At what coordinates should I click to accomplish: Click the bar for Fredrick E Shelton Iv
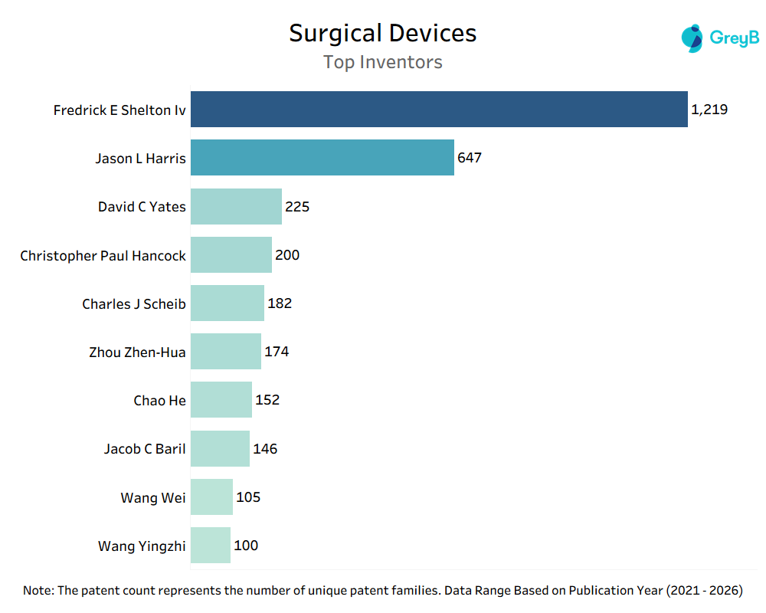point(439,109)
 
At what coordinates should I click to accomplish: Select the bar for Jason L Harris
point(322,157)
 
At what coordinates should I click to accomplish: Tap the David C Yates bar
point(236,206)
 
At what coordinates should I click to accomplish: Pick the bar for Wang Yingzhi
point(211,546)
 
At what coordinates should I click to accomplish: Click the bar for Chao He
point(221,400)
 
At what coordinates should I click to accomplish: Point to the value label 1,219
point(709,110)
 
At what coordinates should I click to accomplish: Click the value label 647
point(470,158)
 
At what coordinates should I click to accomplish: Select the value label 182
point(280,303)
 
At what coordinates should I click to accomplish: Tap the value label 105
point(248,497)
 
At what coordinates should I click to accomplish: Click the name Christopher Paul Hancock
point(103,255)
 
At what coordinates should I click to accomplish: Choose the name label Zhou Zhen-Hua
point(137,352)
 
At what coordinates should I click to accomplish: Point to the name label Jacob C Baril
point(145,449)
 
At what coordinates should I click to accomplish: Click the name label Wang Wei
point(153,498)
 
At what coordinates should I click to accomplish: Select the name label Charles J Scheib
point(134,304)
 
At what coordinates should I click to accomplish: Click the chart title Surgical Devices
point(382,33)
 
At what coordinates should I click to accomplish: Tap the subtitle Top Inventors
point(382,62)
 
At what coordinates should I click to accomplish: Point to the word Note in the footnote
point(38,591)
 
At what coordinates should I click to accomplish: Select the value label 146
point(265,449)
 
